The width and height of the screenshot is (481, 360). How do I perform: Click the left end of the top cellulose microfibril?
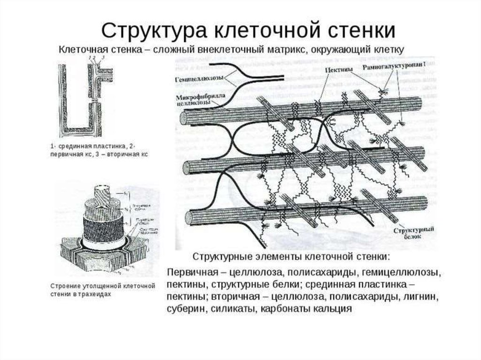click(x=184, y=118)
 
